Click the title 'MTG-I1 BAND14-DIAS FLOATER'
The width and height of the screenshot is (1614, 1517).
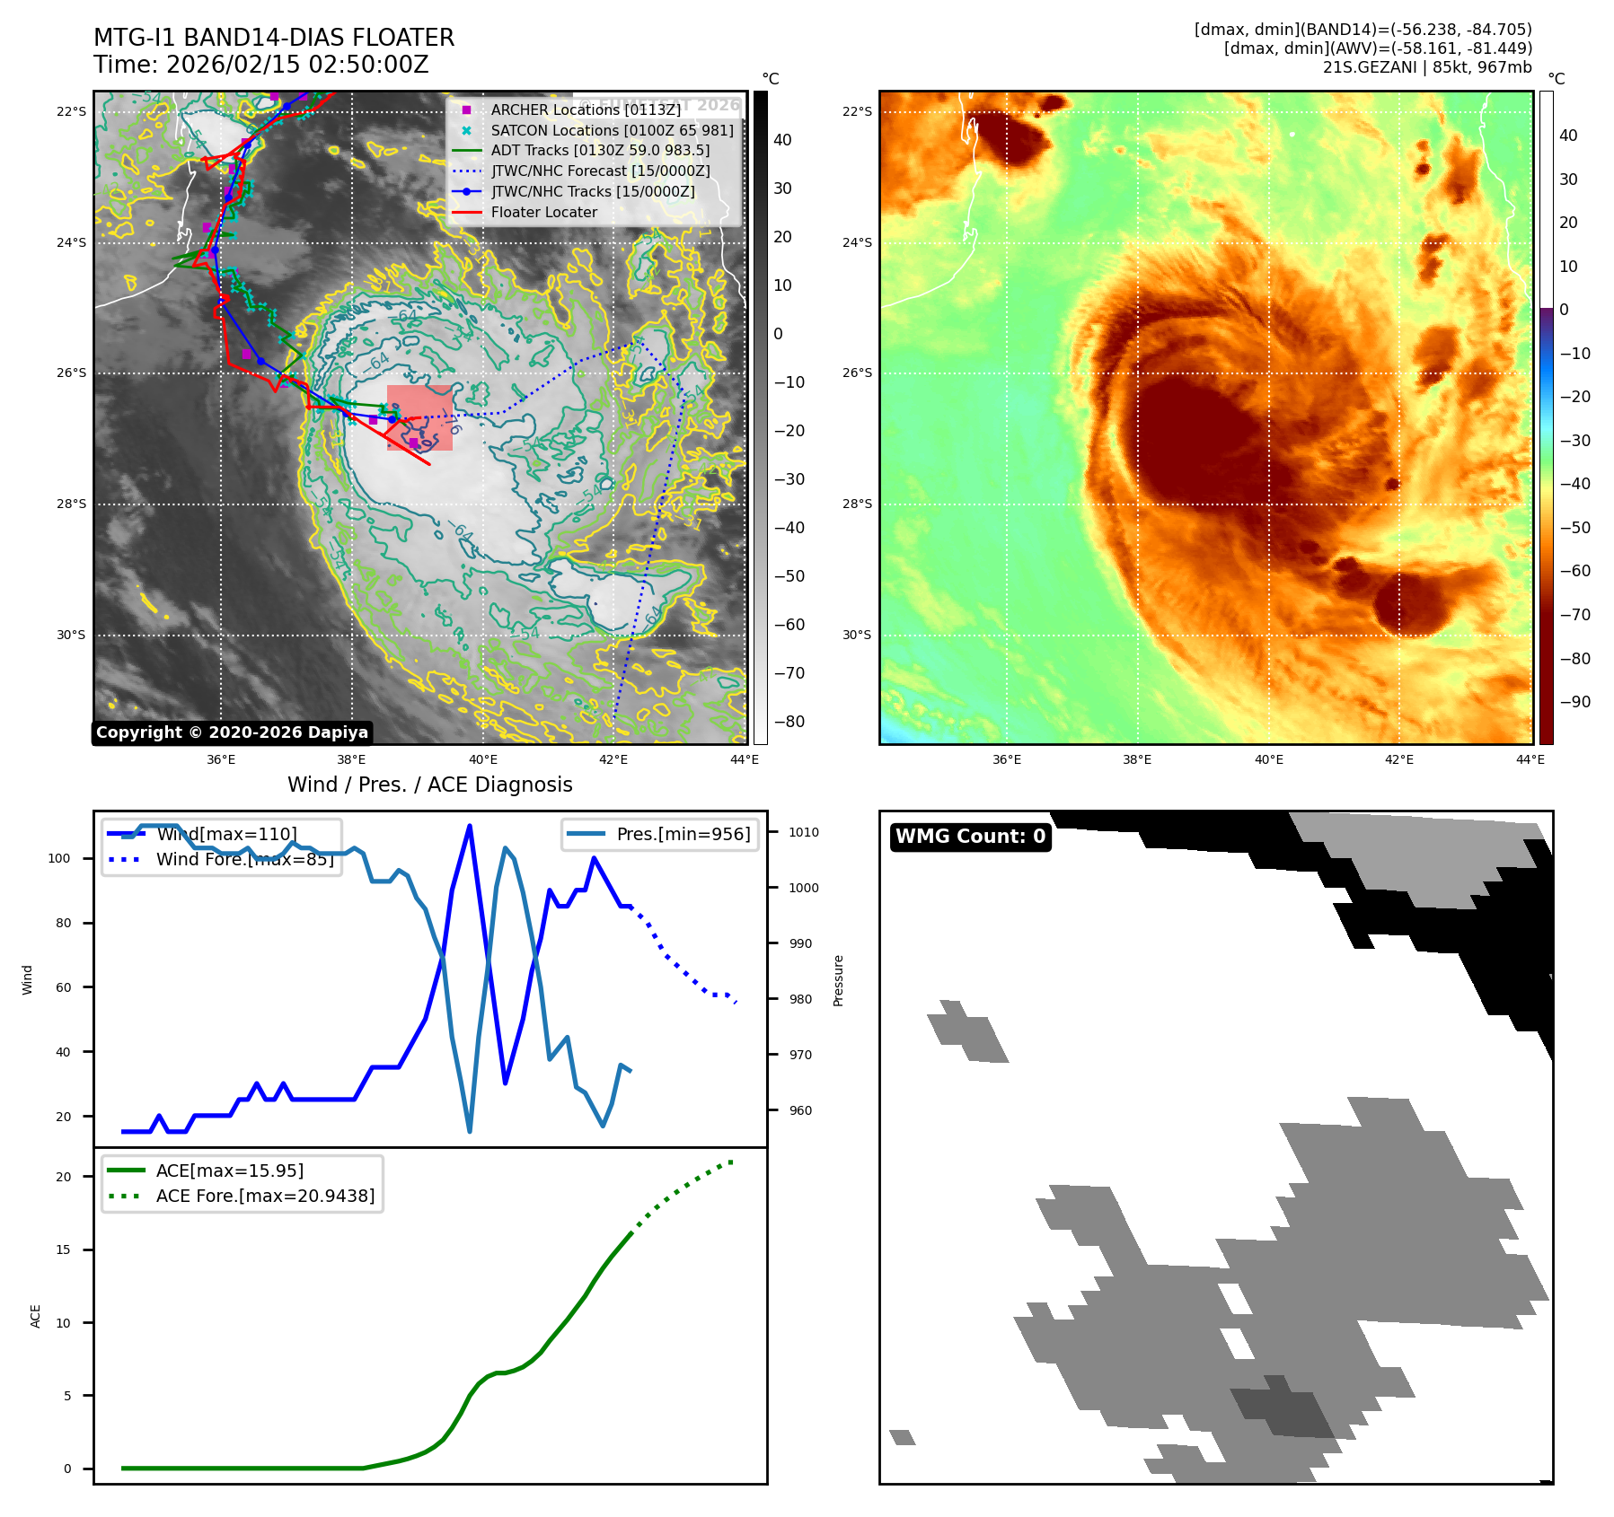pyautogui.click(x=274, y=38)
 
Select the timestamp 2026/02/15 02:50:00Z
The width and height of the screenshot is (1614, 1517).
pyautogui.click(x=261, y=65)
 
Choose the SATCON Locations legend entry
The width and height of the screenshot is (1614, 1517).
pyautogui.click(x=612, y=130)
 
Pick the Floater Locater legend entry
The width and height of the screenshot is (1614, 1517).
pyautogui.click(x=543, y=212)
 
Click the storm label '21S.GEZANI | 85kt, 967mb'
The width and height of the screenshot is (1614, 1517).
pyautogui.click(x=1427, y=67)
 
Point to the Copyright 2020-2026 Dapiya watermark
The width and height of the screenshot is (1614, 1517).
pyautogui.click(x=232, y=732)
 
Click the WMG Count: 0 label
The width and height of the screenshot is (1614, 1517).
pyautogui.click(x=970, y=837)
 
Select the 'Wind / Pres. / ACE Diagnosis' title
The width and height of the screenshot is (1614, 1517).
pyautogui.click(x=430, y=785)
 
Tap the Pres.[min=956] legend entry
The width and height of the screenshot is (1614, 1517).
pyautogui.click(x=683, y=834)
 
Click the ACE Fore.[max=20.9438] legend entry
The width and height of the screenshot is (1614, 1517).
pyautogui.click(x=265, y=1196)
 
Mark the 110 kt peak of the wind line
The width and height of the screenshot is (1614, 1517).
pyautogui.click(x=470, y=826)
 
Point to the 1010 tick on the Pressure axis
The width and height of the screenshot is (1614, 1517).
pyautogui.click(x=804, y=832)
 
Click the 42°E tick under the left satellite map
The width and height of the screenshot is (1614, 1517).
pyautogui.click(x=613, y=759)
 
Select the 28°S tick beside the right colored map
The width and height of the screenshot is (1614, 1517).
pyautogui.click(x=857, y=504)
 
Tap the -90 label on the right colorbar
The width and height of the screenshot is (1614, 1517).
pyautogui.click(x=1574, y=702)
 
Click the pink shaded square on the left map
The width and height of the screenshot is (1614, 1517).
pyautogui.click(x=419, y=417)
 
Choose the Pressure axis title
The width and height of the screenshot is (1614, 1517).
pyautogui.click(x=838, y=980)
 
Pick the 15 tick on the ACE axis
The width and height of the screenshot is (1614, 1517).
pyautogui.click(x=63, y=1250)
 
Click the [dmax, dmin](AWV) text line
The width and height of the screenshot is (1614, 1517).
pyautogui.click(x=1378, y=48)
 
